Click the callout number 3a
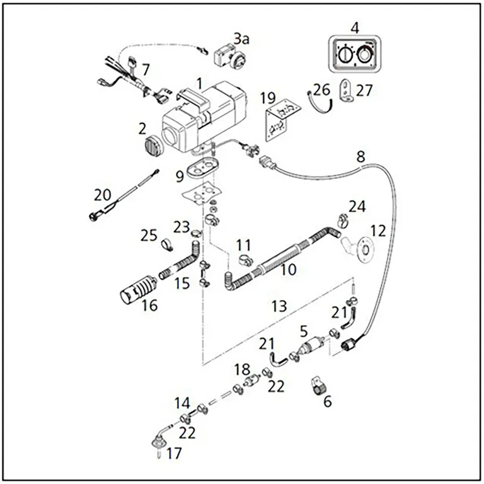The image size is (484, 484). pos(241,39)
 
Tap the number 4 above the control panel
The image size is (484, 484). pos(355,28)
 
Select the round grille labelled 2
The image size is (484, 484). pos(152,146)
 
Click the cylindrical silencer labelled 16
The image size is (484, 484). pos(136,289)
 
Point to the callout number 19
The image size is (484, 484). pos(268,98)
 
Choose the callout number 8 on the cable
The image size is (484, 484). pos(360,156)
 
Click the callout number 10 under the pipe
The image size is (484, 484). pos(287,270)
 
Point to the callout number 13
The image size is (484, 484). pos(279,306)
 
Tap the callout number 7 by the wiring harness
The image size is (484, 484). pos(146,68)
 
